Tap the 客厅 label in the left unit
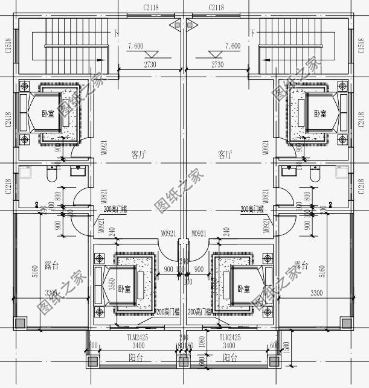click(139, 154)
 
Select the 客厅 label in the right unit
click(225, 154)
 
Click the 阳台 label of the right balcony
click(229, 357)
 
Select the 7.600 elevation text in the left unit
click(136, 46)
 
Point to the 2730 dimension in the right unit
click(217, 65)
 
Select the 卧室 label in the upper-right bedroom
click(320, 113)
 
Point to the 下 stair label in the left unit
click(116, 33)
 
